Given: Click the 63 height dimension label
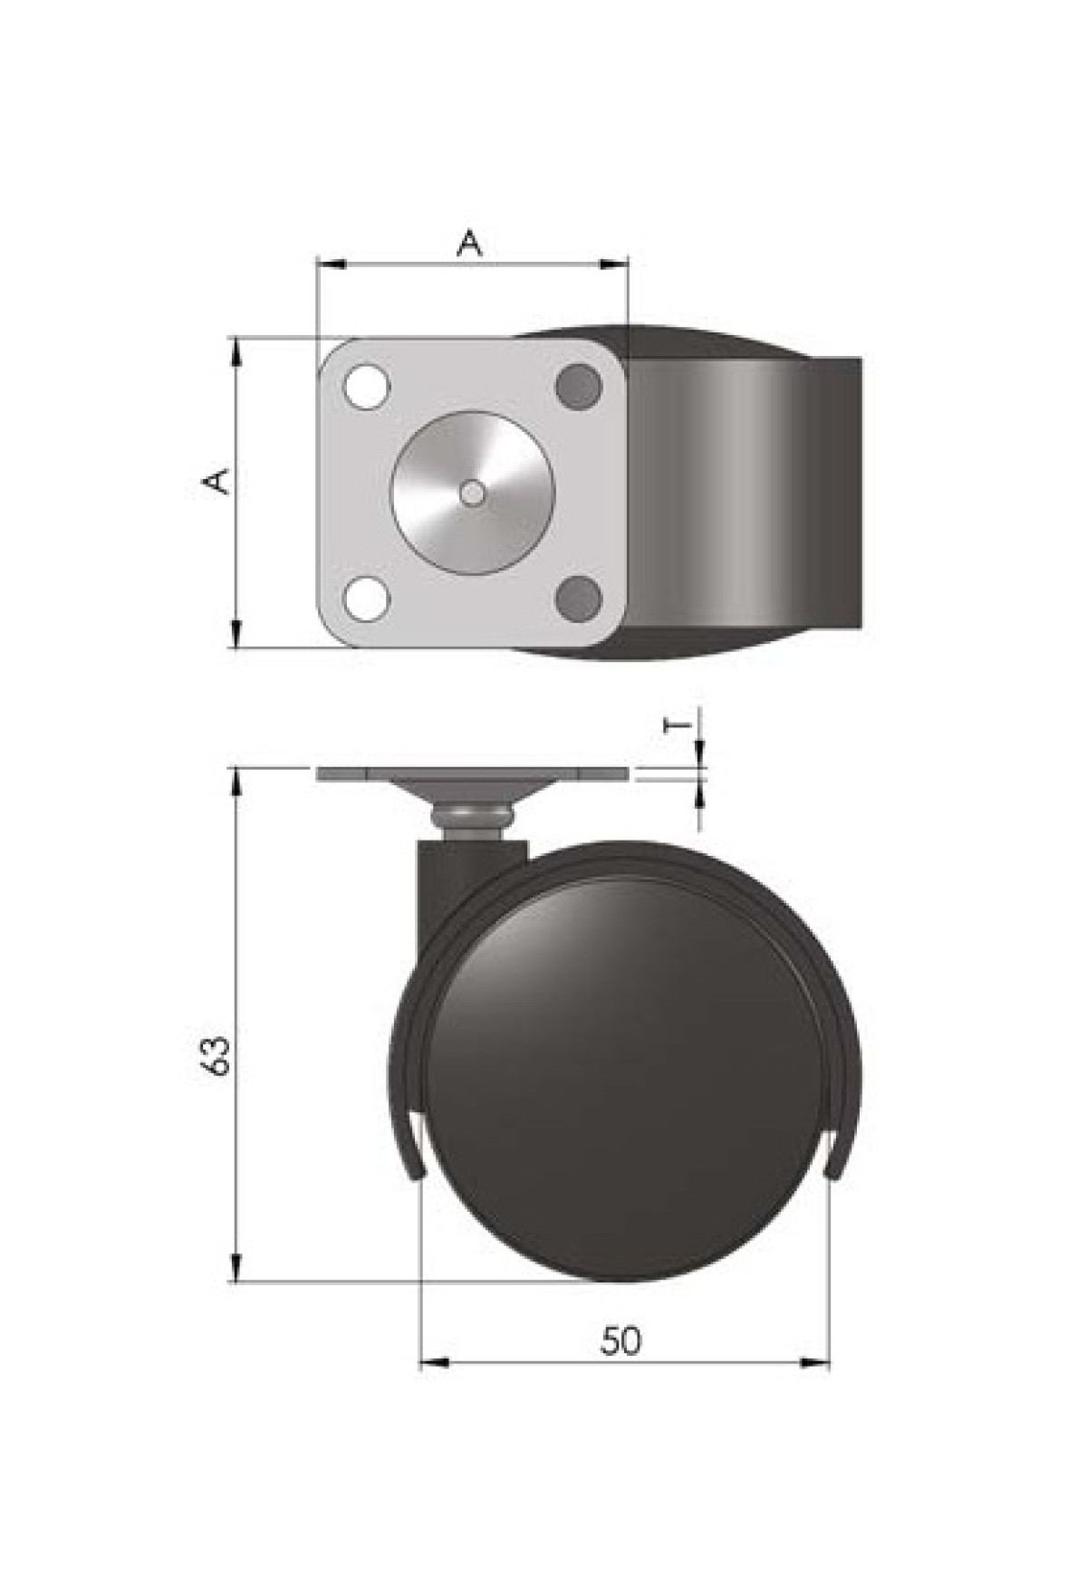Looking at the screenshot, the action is (217, 1053).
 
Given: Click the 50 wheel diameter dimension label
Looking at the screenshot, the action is (620, 1340).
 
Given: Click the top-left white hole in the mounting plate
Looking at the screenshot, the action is (366, 387).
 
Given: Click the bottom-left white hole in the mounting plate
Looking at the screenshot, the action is (366, 600).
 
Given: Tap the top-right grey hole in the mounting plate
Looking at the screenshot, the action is (578, 387).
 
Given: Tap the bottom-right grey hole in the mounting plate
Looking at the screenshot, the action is (578, 600).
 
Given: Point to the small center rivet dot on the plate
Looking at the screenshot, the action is (472, 492).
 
